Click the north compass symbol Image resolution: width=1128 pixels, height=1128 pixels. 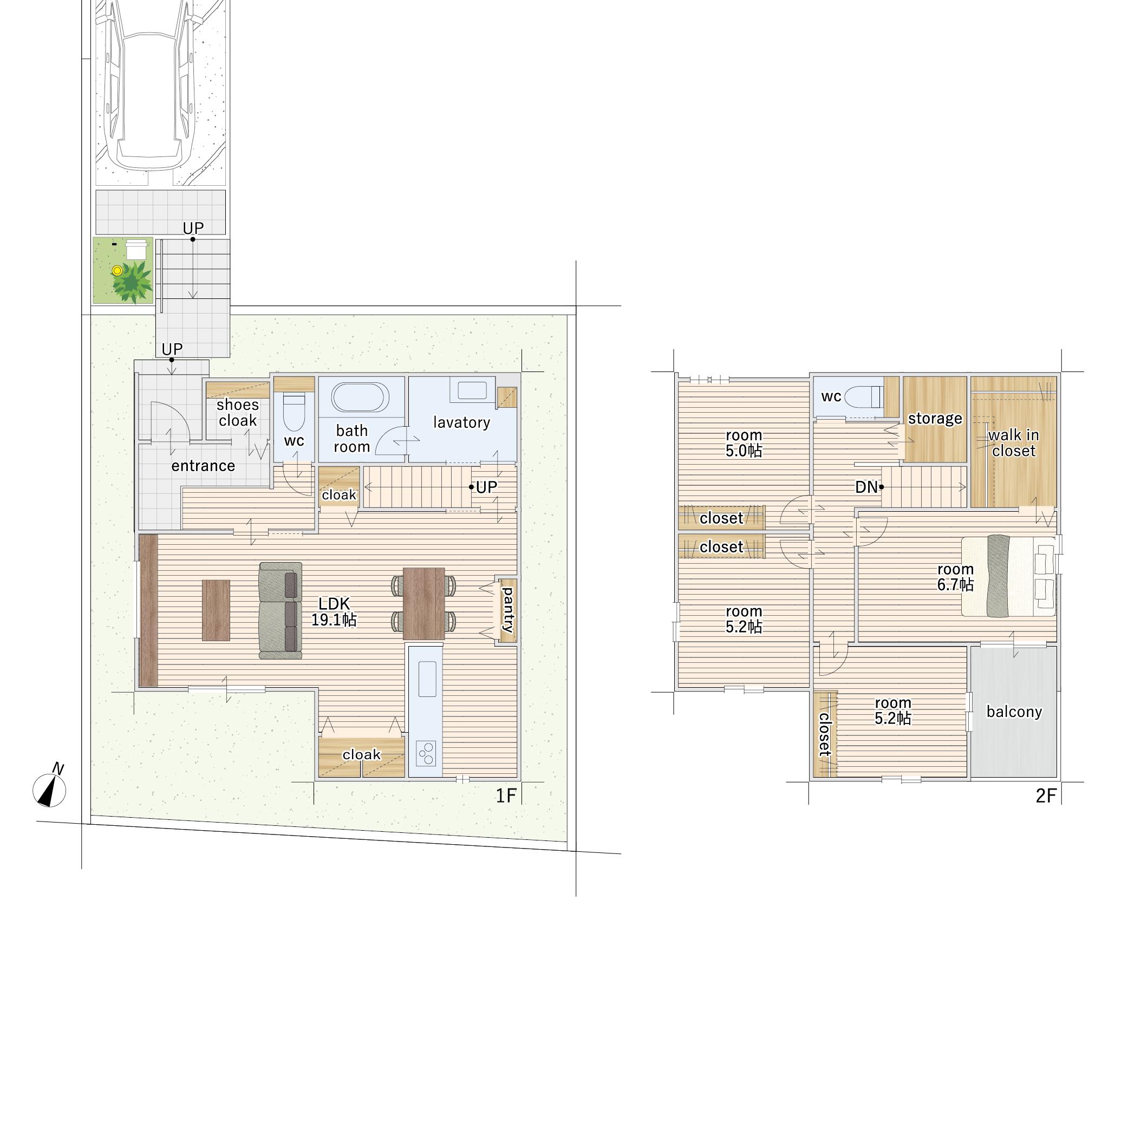50,789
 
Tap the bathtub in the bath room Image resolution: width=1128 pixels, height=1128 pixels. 360,397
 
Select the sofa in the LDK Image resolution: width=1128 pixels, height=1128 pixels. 281,611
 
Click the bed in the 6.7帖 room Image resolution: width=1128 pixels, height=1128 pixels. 1008,576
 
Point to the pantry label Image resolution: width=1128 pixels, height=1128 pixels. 508,610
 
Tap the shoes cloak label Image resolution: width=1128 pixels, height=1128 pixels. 238,412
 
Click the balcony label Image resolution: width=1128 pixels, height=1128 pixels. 1014,712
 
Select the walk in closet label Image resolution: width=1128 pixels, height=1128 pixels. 1014,442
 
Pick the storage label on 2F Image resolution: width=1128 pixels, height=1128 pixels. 935,418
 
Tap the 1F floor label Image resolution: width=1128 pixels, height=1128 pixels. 506,796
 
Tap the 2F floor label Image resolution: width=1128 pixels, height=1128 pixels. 1046,796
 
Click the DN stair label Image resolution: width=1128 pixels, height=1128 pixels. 866,487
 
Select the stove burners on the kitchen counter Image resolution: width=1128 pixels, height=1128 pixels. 426,753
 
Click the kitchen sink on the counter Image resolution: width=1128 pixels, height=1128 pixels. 427,679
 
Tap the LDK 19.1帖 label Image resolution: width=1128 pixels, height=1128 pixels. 334,612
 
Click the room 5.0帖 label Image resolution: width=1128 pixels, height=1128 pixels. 744,442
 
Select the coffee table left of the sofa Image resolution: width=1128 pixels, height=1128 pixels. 216,610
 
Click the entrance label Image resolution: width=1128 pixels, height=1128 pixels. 203,465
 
